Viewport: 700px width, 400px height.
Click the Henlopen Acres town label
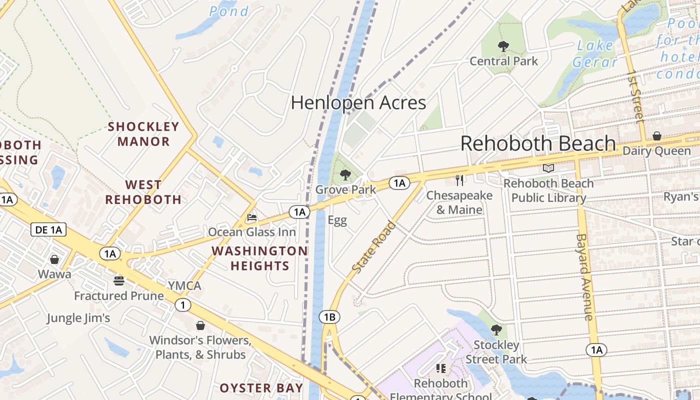coord(358,103)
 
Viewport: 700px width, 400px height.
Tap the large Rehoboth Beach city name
coord(537,143)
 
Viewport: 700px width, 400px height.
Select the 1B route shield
coord(329,317)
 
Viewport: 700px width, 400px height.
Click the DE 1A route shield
coord(48,230)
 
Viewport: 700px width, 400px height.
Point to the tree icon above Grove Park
coord(345,175)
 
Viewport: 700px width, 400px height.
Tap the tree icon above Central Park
coord(503,46)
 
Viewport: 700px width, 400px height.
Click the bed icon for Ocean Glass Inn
coord(252,217)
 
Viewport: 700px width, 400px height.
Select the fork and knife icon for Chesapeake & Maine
coord(459,180)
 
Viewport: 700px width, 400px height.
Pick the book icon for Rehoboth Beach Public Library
coord(548,168)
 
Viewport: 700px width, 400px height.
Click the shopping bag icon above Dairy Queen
coord(657,136)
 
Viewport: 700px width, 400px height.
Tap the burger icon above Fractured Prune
coord(118,280)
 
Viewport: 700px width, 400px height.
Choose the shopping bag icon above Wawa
coord(54,259)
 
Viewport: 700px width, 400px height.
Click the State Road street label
coord(374,247)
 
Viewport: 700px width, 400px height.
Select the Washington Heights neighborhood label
coord(260,258)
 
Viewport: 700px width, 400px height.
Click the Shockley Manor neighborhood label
coord(143,134)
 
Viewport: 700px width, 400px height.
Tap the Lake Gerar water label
coord(595,53)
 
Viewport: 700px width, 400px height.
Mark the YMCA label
coord(184,286)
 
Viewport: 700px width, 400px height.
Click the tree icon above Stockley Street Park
coord(496,329)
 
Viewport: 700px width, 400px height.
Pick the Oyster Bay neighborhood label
coord(261,388)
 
